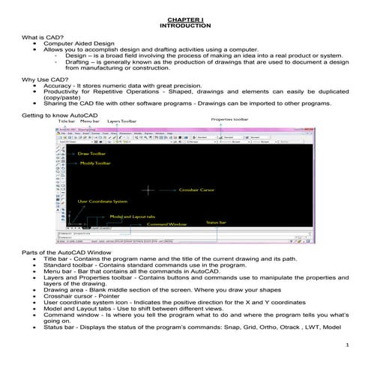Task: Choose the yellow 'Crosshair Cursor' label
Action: tap(197, 190)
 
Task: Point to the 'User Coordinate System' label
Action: tap(103, 202)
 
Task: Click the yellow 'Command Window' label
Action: tap(167, 224)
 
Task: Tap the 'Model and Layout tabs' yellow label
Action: tap(133, 217)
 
